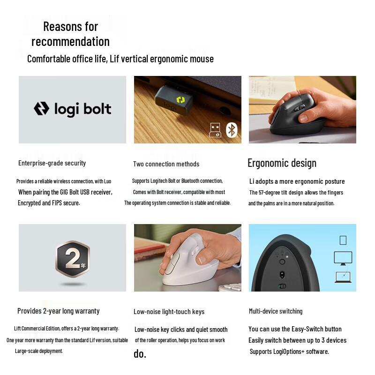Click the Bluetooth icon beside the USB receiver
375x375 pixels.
click(x=232, y=130)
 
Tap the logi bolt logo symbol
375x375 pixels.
click(x=41, y=109)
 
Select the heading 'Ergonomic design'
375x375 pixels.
click(x=282, y=163)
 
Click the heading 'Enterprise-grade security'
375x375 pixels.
click(x=52, y=163)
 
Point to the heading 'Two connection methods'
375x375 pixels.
click(x=166, y=164)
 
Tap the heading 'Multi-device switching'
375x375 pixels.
click(x=276, y=311)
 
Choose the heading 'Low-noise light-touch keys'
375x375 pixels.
click(x=169, y=312)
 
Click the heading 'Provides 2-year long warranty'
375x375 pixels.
click(x=59, y=311)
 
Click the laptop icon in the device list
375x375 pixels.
click(x=343, y=277)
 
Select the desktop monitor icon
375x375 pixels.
click(x=343, y=258)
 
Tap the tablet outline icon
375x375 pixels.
click(x=343, y=240)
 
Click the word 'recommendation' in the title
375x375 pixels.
click(x=70, y=41)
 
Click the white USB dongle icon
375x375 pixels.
click(x=215, y=130)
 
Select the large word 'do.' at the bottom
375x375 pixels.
click(x=140, y=354)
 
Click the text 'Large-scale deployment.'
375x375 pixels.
click(x=39, y=351)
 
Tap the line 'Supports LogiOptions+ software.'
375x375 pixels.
click(x=289, y=351)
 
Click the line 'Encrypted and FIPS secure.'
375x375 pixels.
click(x=49, y=203)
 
